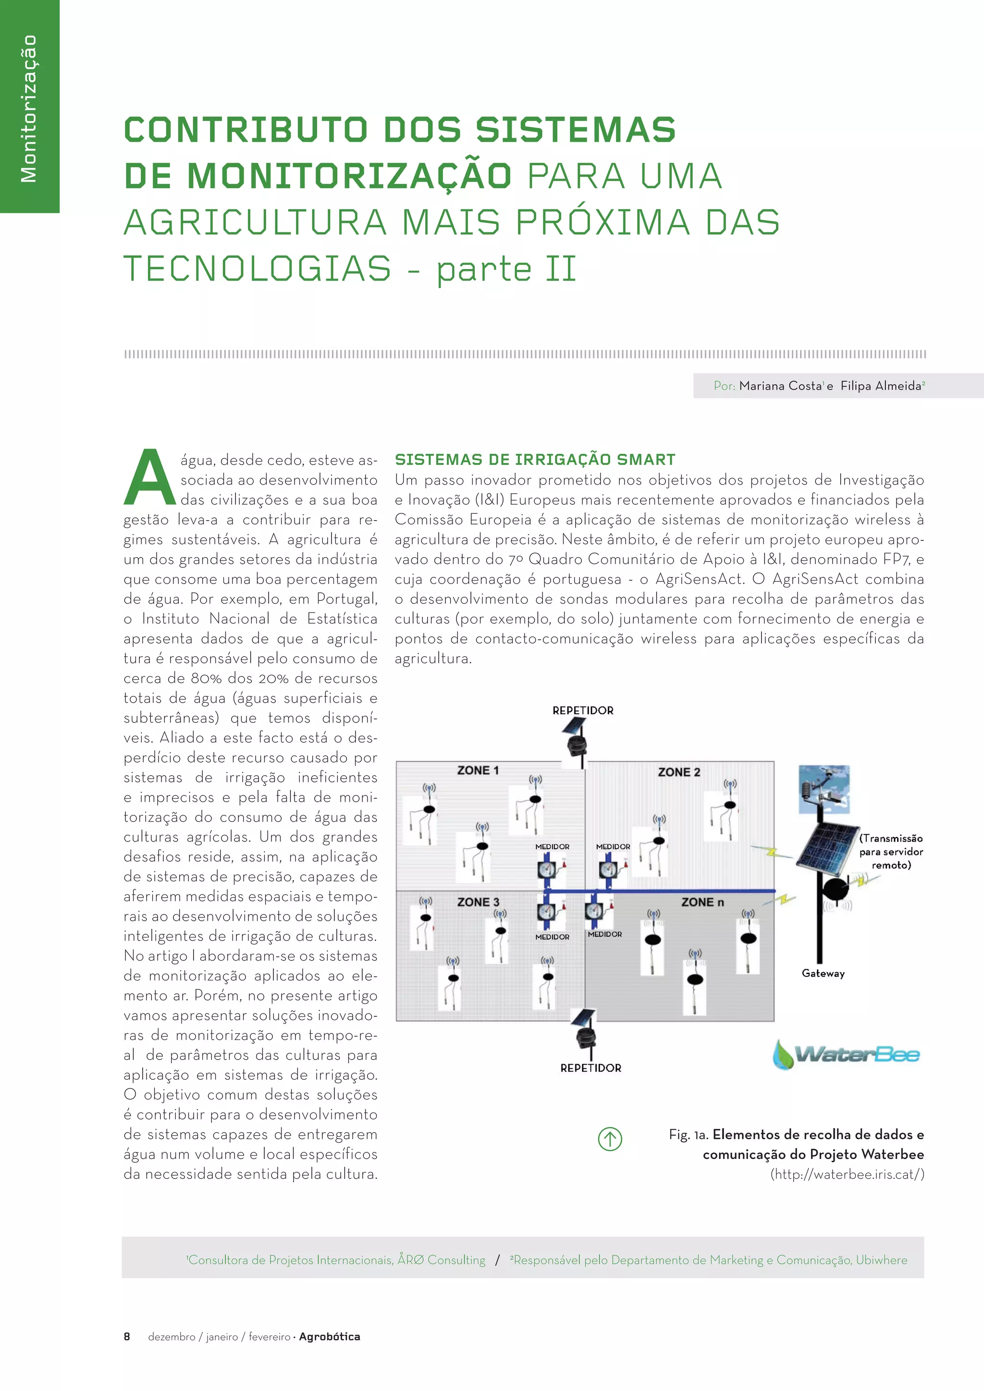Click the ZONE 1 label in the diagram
point(478,770)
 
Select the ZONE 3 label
point(478,902)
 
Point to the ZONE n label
point(702,902)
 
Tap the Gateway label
point(823,974)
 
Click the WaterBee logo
point(847,1055)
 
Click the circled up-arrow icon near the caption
point(610,1139)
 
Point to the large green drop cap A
point(149,478)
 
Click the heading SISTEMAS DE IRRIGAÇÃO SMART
point(535,460)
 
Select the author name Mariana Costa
point(780,386)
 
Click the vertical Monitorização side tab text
point(28,109)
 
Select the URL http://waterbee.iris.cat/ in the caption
point(847,1174)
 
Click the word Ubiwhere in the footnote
point(882,1260)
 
